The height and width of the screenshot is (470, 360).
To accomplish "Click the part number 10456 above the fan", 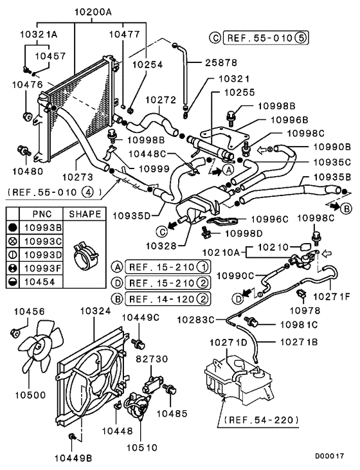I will click(30, 311).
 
